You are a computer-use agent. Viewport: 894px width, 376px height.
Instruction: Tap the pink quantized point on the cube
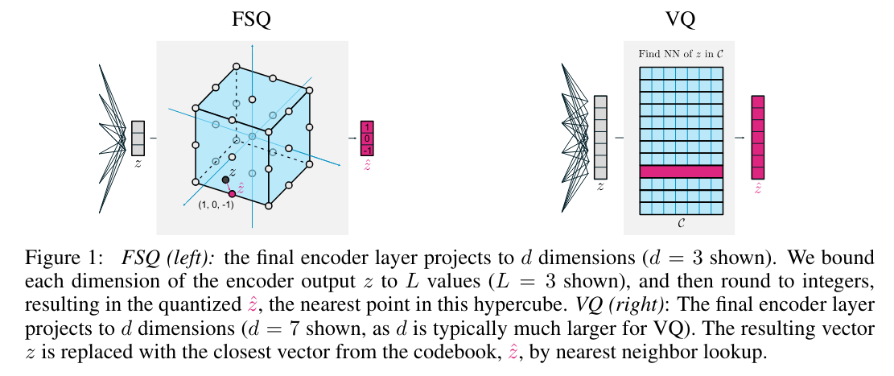[x=232, y=193]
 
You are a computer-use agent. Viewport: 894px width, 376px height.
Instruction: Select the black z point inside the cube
[x=225, y=180]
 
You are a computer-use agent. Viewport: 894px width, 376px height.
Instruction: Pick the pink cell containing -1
[x=368, y=151]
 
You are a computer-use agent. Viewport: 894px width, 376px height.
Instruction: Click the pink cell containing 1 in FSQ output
[x=368, y=128]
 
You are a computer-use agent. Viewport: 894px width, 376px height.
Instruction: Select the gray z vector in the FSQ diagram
[x=137, y=138]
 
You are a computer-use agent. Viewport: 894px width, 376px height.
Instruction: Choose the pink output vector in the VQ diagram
[x=757, y=137]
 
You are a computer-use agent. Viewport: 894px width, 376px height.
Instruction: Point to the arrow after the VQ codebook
[x=738, y=138]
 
